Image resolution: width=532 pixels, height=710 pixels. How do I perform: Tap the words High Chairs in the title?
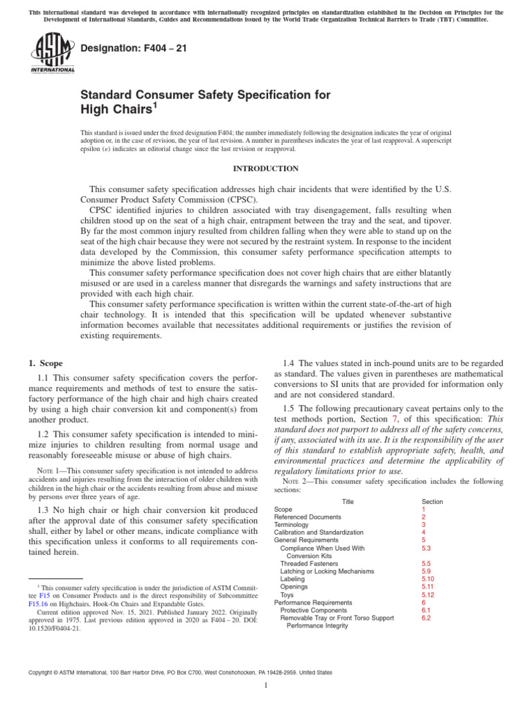pos(113,110)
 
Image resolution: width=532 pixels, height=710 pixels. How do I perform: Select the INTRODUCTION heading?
pos(265,168)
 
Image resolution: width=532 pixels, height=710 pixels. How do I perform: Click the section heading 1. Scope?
pos(45,363)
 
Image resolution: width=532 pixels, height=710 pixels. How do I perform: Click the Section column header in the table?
pos(432,501)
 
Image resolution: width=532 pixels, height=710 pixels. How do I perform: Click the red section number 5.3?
pos(426,548)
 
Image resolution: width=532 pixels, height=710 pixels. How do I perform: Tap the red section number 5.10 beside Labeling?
pos(427,579)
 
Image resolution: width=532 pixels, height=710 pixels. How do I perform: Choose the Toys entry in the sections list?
pos(287,595)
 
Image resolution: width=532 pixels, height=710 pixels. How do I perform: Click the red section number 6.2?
pos(426,618)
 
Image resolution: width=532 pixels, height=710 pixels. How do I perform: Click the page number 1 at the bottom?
pos(266,686)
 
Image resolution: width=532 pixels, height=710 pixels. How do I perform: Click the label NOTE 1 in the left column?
pos(48,471)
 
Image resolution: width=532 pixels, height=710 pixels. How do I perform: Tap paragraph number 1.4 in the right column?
pos(291,363)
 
